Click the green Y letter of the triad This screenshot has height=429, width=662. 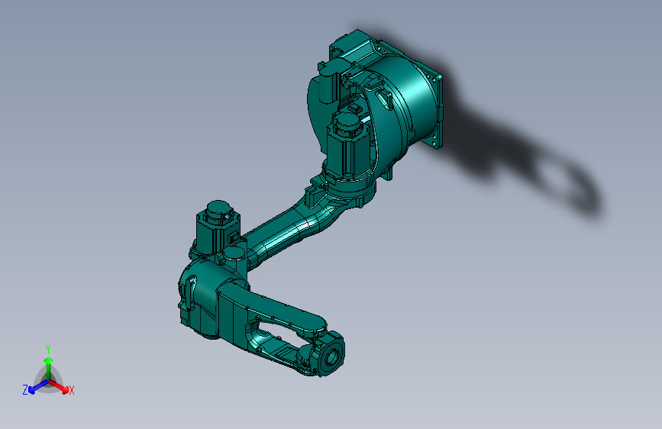point(48,348)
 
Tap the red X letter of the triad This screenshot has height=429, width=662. point(72,391)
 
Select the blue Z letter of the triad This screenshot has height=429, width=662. point(25,389)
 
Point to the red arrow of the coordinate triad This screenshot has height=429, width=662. point(61,385)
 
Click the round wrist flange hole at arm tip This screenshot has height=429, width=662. point(332,356)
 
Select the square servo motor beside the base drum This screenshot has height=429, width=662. point(347,147)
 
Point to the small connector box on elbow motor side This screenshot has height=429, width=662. point(232,238)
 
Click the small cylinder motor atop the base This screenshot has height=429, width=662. point(329,80)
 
